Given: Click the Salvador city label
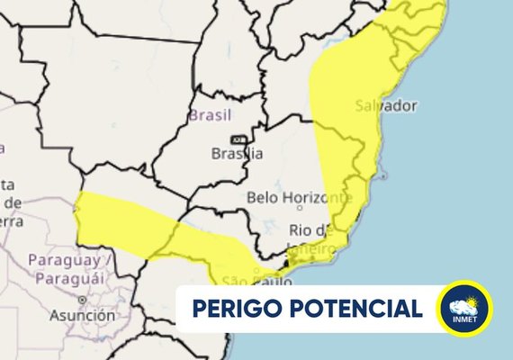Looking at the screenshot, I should (386, 105).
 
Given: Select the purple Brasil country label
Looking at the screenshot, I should (210, 115).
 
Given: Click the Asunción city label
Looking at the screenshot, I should (82, 315).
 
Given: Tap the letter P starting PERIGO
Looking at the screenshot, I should (199, 310).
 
